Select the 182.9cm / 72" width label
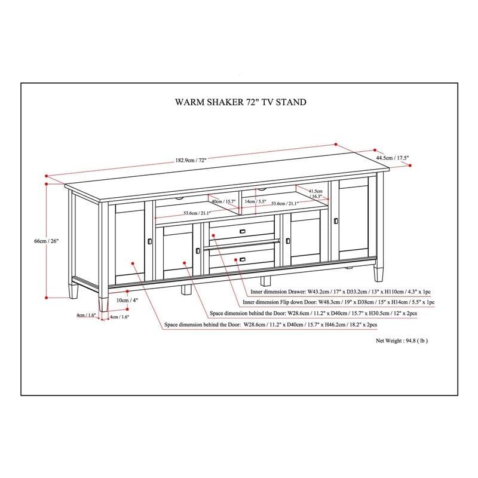point(191,161)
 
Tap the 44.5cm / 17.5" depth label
point(393,158)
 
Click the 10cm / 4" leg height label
point(124,300)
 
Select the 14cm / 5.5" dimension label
point(255,202)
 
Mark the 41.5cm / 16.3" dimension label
point(315,193)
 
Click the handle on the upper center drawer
point(242,231)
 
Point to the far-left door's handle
point(149,241)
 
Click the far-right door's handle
point(336,222)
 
